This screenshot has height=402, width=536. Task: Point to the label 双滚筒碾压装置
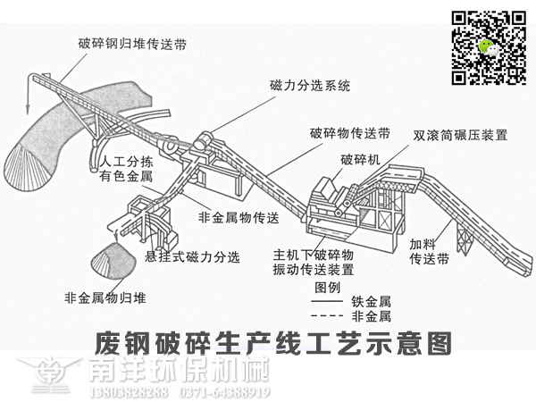click(x=460, y=137)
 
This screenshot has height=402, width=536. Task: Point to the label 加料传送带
click(x=429, y=251)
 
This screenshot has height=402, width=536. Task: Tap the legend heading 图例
click(x=329, y=288)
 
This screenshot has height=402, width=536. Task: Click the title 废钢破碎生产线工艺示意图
click(x=268, y=343)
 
